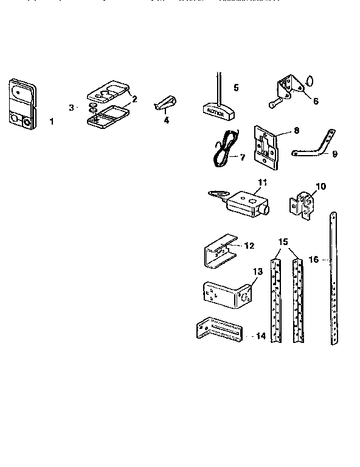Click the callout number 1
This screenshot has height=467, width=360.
(51, 122)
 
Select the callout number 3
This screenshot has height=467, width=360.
(72, 108)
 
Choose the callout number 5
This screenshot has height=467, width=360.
(236, 87)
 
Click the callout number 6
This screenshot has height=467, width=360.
(315, 101)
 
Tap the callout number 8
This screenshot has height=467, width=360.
(296, 130)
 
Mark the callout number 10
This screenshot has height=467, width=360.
(322, 185)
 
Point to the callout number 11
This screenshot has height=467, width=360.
(262, 182)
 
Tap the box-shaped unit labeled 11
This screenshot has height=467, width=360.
(245, 202)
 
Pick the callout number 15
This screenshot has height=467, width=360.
(283, 242)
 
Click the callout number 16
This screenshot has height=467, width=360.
(313, 258)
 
